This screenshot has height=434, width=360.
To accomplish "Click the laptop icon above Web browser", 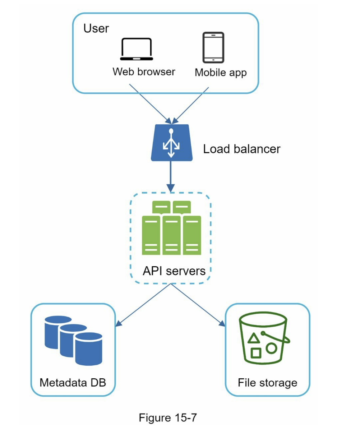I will pyautogui.click(x=137, y=49).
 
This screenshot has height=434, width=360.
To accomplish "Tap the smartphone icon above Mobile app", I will pyautogui.click(x=213, y=48).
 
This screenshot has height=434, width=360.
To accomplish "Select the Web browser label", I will pyautogui.click(x=144, y=71).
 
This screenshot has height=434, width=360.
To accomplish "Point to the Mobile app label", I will pyautogui.click(x=221, y=73).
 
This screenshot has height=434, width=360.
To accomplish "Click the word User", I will pyautogui.click(x=96, y=28).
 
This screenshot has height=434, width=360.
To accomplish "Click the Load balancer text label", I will pyautogui.click(x=241, y=149).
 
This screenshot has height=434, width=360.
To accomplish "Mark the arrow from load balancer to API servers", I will pyautogui.click(x=171, y=175).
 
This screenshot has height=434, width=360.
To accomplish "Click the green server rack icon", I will pyautogui.click(x=171, y=228).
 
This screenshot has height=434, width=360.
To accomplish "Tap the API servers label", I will pyautogui.click(x=174, y=271).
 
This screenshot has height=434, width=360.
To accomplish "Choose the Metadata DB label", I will pyautogui.click(x=73, y=382).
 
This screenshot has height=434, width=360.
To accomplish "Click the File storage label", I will pyautogui.click(x=267, y=382).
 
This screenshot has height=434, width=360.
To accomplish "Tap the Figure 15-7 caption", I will pyautogui.click(x=168, y=418).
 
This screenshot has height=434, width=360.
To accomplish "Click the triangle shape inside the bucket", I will pyautogui.click(x=254, y=338).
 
